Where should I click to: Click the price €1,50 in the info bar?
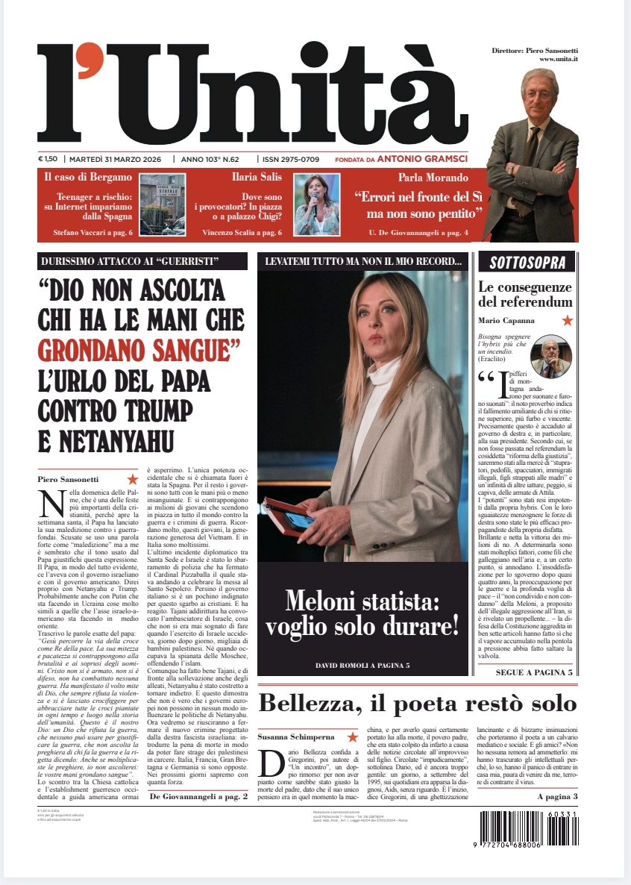(x=48, y=159)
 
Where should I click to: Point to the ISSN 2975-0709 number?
(x=290, y=159)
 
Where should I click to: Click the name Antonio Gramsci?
(x=422, y=159)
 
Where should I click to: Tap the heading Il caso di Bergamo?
(x=87, y=178)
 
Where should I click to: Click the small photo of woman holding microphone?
(x=316, y=204)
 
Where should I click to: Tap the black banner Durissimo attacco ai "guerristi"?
(x=142, y=262)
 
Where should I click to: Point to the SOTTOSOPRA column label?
(x=532, y=262)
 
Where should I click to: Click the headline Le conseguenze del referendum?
(x=525, y=295)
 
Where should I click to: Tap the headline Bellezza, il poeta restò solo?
(x=417, y=703)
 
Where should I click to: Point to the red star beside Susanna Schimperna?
(x=352, y=737)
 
